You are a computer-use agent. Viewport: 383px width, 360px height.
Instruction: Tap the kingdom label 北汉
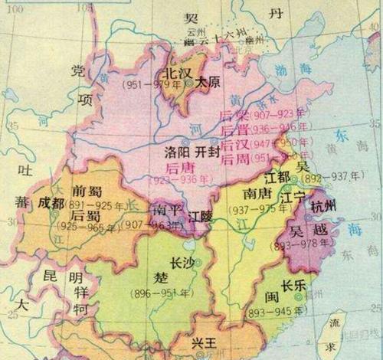pos(170,73)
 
